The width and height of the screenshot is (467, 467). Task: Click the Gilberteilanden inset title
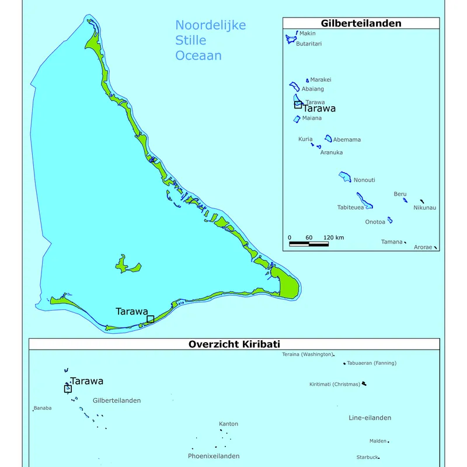click(360, 23)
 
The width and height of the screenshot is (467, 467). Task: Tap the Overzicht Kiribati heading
click(234, 344)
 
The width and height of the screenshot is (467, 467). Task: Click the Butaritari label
click(309, 44)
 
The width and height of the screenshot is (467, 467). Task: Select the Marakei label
click(320, 79)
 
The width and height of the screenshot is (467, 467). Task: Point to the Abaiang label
click(312, 89)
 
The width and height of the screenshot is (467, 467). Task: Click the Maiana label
click(312, 119)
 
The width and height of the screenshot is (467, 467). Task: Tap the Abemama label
click(347, 140)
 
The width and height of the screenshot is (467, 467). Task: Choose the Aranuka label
click(331, 152)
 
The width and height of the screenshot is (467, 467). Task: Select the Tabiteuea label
click(350, 207)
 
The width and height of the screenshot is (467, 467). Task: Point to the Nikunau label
click(424, 207)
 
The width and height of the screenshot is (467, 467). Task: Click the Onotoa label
click(375, 222)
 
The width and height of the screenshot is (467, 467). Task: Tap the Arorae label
click(423, 248)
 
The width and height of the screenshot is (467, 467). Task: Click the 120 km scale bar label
click(334, 238)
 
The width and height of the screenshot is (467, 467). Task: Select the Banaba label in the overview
click(43, 408)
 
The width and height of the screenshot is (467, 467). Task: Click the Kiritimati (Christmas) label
click(334, 384)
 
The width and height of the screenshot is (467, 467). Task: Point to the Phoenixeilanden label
click(214, 456)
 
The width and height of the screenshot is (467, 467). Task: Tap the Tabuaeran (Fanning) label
click(371, 363)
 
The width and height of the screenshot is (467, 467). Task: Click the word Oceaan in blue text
click(198, 56)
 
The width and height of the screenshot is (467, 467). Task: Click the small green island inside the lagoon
click(127, 265)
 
